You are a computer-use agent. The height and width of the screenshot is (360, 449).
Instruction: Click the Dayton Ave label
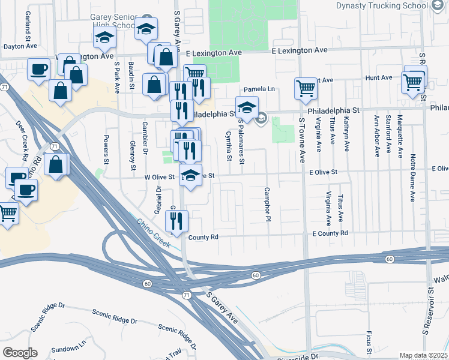pos(20,46)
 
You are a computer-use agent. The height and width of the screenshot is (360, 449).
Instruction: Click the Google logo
pos(20,353)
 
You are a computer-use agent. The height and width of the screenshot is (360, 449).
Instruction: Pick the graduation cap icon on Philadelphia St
pos(246,108)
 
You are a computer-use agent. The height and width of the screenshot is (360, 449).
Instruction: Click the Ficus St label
pos(367,341)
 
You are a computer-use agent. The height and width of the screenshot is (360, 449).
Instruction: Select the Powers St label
pos(106,152)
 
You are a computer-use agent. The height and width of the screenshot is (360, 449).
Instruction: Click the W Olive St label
pos(158,177)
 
